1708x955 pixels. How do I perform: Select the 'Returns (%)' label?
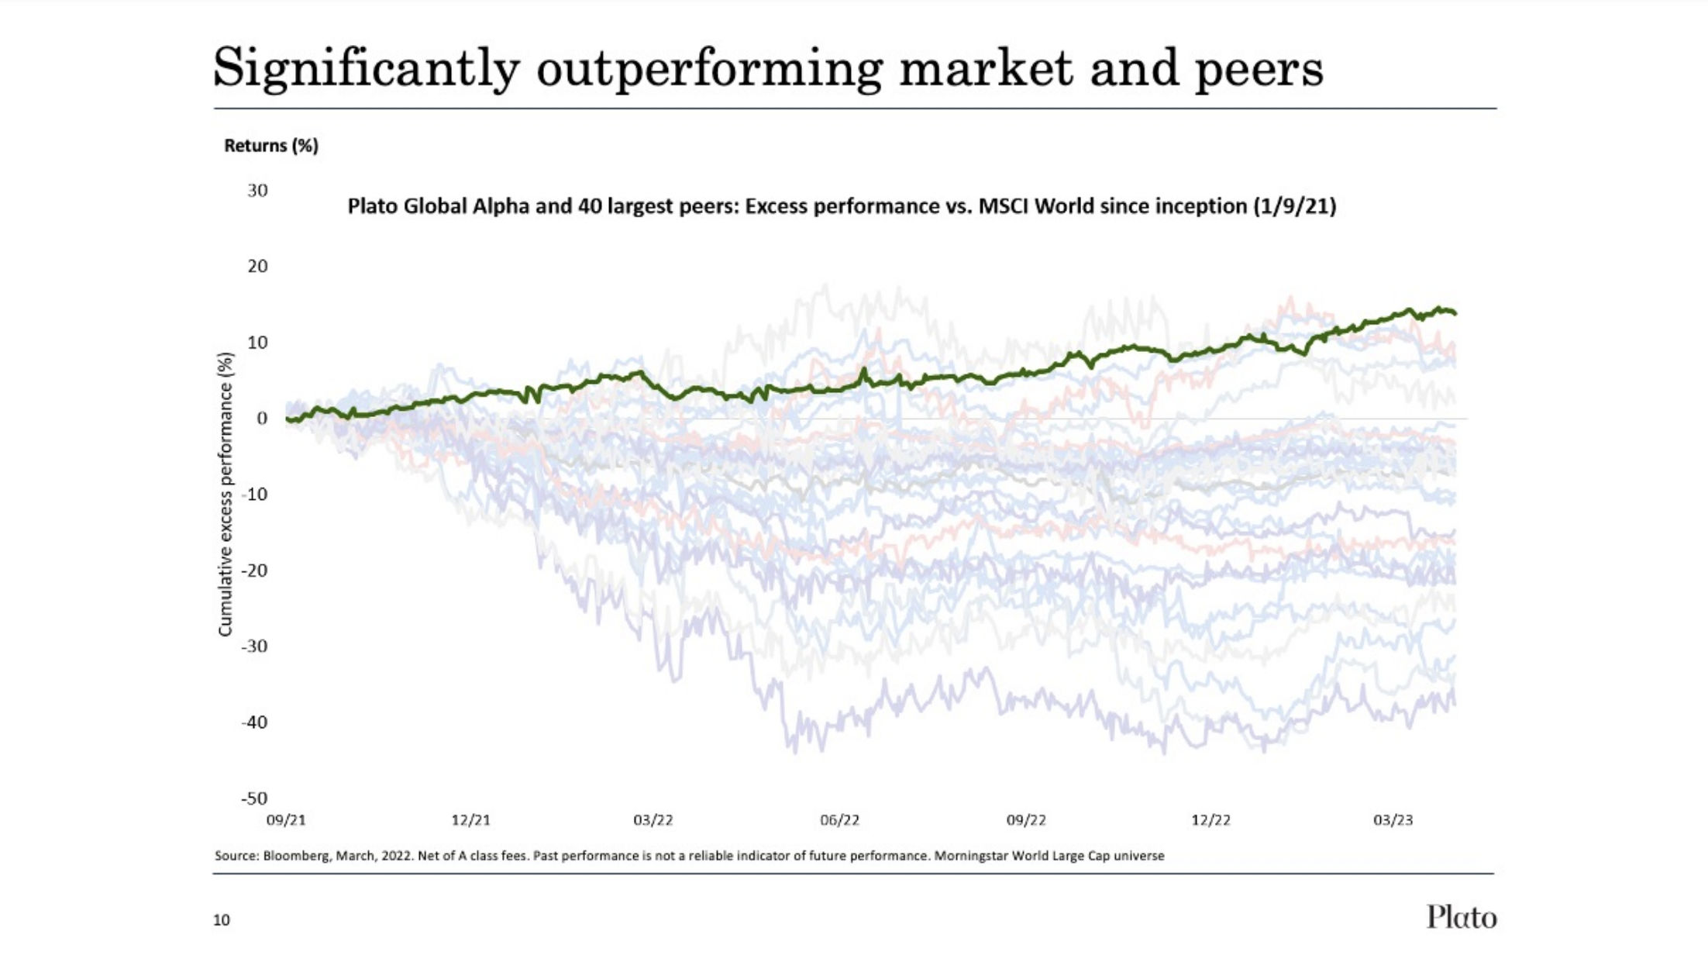click(271, 146)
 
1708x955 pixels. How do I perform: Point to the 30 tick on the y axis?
click(257, 191)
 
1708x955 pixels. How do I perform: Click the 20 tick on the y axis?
click(257, 267)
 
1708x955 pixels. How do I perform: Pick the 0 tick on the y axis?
click(262, 419)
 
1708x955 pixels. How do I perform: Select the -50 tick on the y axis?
click(254, 798)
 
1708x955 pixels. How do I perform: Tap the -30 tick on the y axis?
click(254, 646)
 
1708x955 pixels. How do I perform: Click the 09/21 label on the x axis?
click(286, 820)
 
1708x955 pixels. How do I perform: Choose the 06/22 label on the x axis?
click(840, 820)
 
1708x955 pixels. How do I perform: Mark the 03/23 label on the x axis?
click(1393, 820)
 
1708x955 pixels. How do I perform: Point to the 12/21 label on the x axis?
click(471, 820)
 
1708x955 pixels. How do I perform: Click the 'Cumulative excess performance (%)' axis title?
click(226, 495)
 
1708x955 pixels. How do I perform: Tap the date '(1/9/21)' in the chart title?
click(1294, 206)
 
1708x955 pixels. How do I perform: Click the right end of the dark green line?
click(1455, 313)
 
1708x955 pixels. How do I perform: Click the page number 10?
click(222, 920)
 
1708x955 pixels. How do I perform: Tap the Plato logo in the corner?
click(1462, 917)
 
